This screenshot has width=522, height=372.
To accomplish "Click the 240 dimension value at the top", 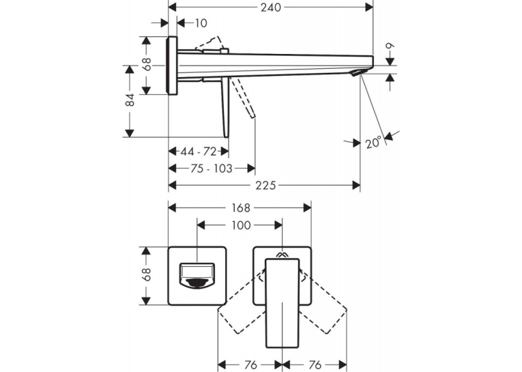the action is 271,8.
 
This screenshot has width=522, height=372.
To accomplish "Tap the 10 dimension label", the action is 201,23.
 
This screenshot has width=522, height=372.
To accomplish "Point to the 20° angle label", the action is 373,143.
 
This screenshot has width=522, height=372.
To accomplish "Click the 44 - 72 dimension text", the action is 199,152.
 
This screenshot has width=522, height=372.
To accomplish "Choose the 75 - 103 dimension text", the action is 212,169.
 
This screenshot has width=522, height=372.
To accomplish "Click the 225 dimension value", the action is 265,185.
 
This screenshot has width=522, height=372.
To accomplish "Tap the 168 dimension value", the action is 241,208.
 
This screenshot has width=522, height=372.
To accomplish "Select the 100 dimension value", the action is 241,225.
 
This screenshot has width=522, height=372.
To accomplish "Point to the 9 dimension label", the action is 390,46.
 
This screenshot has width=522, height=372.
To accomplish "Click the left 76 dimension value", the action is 250,364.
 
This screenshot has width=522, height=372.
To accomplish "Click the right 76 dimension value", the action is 315,364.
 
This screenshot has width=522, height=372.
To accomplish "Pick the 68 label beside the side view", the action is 147,64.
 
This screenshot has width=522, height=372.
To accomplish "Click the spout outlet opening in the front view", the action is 197,275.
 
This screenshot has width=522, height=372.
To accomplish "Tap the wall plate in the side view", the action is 172,66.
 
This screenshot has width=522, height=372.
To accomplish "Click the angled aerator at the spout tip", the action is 358,72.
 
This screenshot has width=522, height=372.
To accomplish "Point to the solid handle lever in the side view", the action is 226,106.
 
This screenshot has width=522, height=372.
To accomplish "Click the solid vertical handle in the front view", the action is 282,303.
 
